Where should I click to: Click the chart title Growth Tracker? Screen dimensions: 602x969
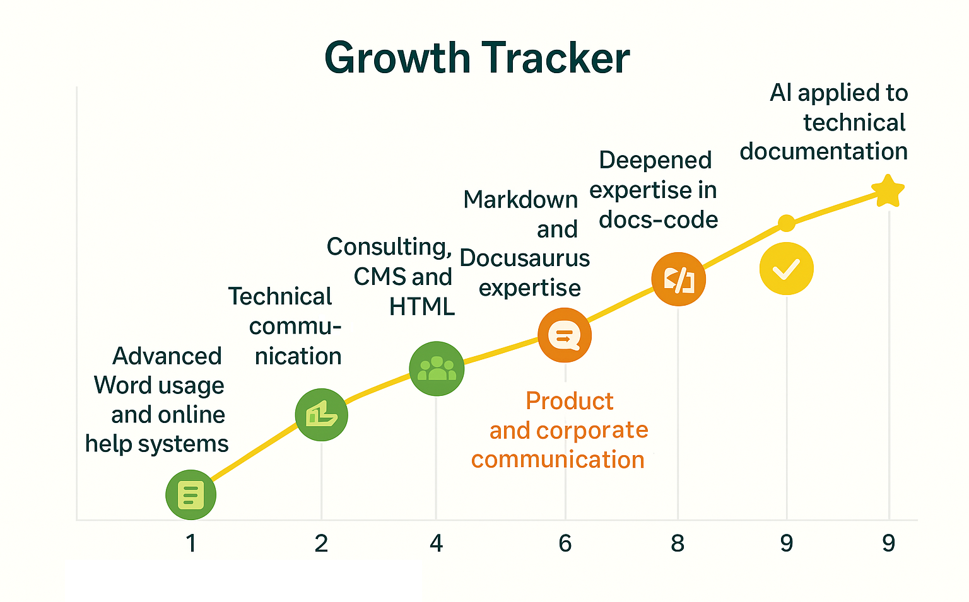[x=477, y=58]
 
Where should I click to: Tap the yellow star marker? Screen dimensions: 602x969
[x=888, y=191]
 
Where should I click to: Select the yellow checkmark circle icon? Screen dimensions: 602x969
[x=786, y=269]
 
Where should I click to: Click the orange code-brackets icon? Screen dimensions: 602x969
[x=678, y=279]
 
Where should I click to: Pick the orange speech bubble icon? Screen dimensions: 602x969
[x=565, y=335]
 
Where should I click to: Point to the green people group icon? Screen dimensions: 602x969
[x=437, y=369]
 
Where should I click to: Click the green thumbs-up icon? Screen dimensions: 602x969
[x=322, y=415]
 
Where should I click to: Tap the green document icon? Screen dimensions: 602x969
[x=191, y=495]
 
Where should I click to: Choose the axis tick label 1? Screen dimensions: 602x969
[x=191, y=543]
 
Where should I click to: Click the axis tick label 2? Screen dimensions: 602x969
[x=321, y=543]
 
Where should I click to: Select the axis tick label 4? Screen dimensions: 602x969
[x=436, y=543]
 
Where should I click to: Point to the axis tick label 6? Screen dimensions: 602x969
[x=565, y=543]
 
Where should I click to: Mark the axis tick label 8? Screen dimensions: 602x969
[x=678, y=543]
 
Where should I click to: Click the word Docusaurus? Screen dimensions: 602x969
[x=525, y=258]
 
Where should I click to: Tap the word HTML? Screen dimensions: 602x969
[x=421, y=307]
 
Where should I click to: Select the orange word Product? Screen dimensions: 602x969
[x=569, y=401]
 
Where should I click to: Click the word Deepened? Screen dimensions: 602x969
[x=655, y=160]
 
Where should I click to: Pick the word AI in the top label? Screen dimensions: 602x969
[x=780, y=93]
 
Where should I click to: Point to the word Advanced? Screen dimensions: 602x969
[x=167, y=356]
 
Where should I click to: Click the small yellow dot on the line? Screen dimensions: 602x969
[x=786, y=223]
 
